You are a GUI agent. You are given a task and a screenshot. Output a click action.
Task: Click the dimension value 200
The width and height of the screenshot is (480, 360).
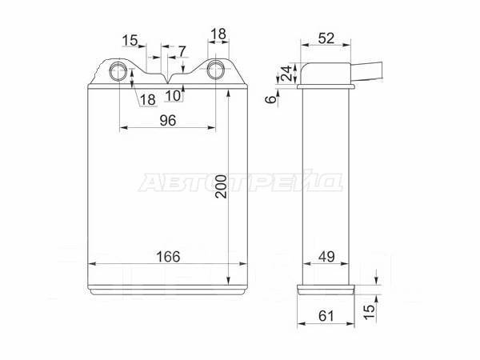coord(221,186)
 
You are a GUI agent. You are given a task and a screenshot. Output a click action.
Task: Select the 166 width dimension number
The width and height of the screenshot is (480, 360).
coord(168,257)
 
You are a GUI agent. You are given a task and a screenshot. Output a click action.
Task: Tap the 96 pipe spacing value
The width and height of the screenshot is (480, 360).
coord(168,121)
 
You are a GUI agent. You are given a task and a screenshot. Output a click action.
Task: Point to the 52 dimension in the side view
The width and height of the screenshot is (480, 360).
coord(326,38)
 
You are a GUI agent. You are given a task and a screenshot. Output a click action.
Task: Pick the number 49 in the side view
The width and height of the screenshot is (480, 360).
coord(326,257)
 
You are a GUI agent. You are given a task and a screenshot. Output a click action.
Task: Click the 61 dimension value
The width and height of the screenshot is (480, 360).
coord(326,316)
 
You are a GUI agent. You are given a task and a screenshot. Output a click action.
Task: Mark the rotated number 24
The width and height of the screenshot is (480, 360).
coord(287,73)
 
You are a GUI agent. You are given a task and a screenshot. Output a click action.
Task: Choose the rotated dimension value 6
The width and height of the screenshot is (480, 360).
coord(270,99)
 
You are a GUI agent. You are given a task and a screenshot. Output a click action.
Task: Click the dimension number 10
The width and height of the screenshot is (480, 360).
coord(174,96)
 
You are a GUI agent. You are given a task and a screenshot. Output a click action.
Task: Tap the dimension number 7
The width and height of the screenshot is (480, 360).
coord(182,51)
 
